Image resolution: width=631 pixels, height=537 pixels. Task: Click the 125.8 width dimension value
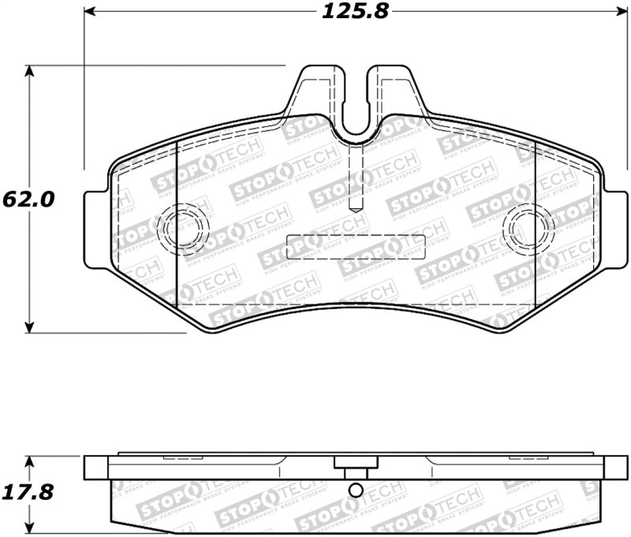(x=356, y=12)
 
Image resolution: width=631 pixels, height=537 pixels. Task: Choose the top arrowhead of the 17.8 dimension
(x=30, y=460)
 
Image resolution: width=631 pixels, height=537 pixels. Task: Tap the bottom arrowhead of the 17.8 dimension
(x=30, y=530)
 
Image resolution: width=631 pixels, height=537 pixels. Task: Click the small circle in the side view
(x=356, y=491)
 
